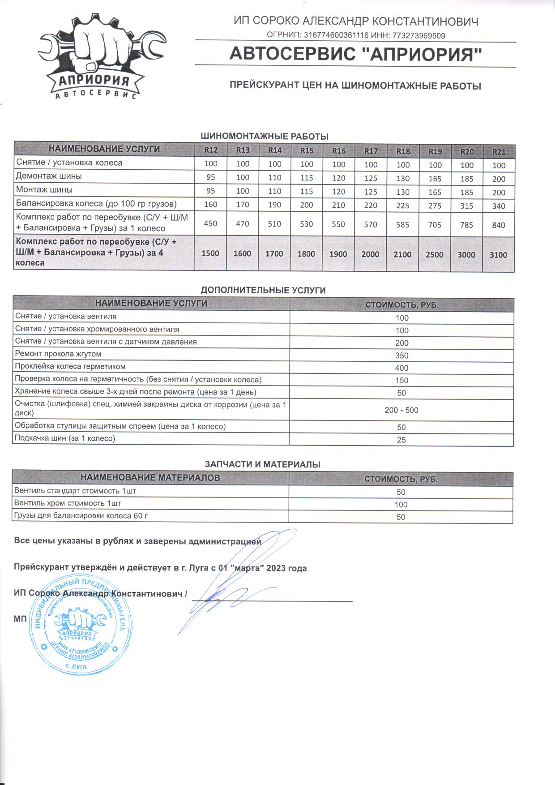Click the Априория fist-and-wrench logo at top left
99,56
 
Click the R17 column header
371,151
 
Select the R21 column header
499,152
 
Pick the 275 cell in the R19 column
435,206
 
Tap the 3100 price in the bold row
498,255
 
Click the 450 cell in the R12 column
210,223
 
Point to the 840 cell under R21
498,225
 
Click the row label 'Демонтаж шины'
49,176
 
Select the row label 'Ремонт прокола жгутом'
58,354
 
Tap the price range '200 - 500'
401,410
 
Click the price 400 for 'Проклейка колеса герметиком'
401,368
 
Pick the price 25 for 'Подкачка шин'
401,440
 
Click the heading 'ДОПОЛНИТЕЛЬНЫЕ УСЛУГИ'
263,290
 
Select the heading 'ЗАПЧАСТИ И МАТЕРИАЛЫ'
262,464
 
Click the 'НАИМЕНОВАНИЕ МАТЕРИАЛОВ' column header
150,478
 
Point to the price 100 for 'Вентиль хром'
401,505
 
